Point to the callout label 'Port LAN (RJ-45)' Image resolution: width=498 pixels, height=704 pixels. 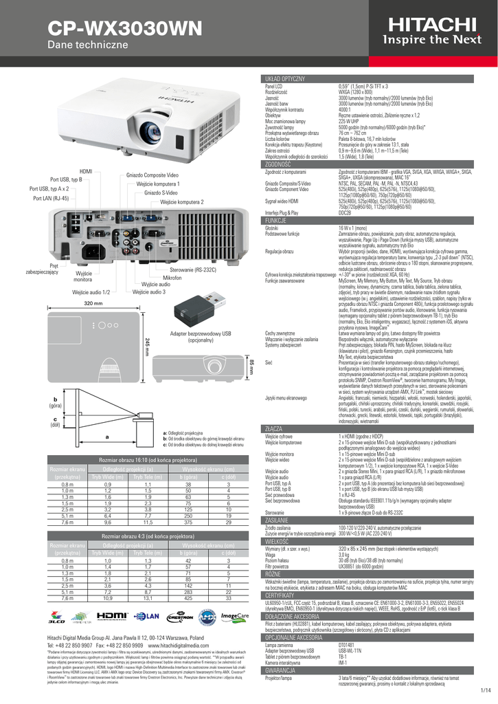click(x=51, y=198)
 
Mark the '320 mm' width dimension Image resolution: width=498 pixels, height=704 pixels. click(x=93, y=302)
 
